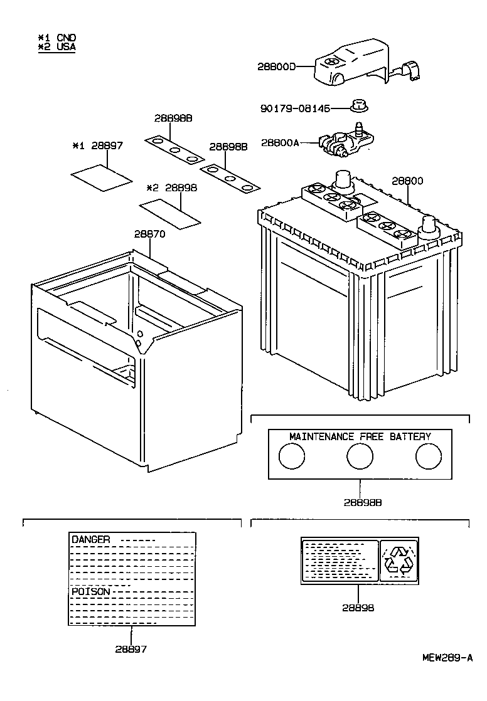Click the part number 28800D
(276, 66)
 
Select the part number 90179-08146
(294, 108)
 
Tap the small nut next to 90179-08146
(359, 106)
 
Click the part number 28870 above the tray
(149, 234)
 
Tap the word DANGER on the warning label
(91, 539)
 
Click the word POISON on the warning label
(91, 591)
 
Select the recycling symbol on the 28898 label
(399, 559)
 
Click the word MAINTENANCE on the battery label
(320, 436)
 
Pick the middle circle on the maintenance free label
(360, 456)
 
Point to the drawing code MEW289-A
(447, 658)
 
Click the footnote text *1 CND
(57, 38)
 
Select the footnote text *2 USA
(57, 46)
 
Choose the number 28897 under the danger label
(131, 649)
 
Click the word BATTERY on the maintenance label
(410, 436)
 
